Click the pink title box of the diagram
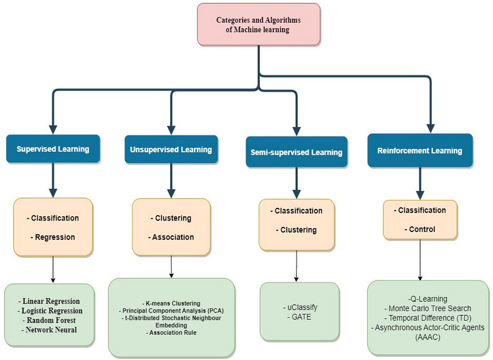pyautogui.click(x=258, y=24)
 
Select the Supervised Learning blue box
pyautogui.click(x=53, y=149)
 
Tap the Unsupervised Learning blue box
pyautogui.click(x=171, y=149)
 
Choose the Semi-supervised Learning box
pyautogui.click(x=296, y=152)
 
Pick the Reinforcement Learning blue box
pyautogui.click(x=420, y=151)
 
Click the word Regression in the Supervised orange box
pyautogui.click(x=55, y=237)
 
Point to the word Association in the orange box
pyautogui.click(x=173, y=237)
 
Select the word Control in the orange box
pyautogui.click(x=422, y=230)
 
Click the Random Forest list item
pyautogui.click(x=52, y=320)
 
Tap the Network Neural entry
pyautogui.click(x=51, y=329)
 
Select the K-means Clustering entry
pyautogui.click(x=171, y=303)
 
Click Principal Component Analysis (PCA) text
pyautogui.click(x=171, y=311)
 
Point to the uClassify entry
pyautogui.click(x=300, y=307)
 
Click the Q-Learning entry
pyautogui.click(x=428, y=299)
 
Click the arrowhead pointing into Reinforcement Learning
pyautogui.click(x=431, y=128)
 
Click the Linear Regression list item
pyautogui.click(x=51, y=301)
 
